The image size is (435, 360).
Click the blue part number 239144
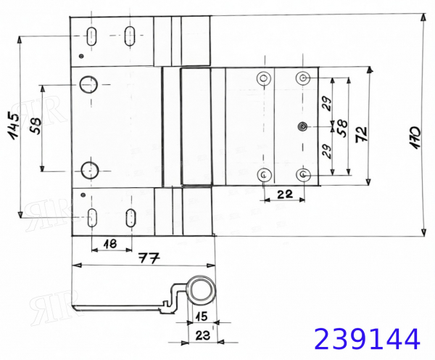click(367, 339)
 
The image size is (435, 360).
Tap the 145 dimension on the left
click(14, 125)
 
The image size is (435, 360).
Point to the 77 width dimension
click(149, 258)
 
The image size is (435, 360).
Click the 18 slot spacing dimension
click(110, 244)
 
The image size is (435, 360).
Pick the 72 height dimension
click(362, 134)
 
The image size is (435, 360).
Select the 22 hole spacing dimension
click(285, 194)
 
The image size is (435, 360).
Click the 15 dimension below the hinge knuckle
click(202, 316)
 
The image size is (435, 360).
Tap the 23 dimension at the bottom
click(203, 336)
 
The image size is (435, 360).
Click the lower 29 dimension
click(328, 152)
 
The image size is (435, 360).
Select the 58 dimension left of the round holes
click(36, 126)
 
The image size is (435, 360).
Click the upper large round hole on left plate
click(88, 84)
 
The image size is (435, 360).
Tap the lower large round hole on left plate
click(90, 171)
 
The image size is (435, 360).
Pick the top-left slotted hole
click(91, 36)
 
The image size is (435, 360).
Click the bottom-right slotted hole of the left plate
click(130, 218)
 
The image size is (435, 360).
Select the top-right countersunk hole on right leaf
click(303, 78)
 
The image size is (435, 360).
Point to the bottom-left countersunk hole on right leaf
click(264, 174)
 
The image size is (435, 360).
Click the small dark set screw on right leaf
click(302, 127)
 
